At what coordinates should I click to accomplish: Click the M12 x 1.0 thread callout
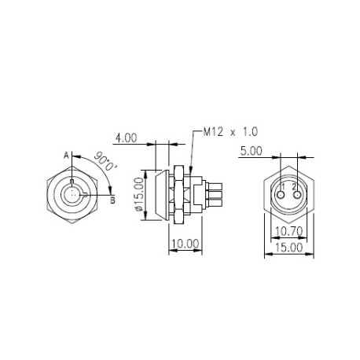[230, 131]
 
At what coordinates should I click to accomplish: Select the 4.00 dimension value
[127, 138]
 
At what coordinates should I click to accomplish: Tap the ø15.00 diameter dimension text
[139, 194]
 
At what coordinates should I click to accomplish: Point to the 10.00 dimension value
[186, 244]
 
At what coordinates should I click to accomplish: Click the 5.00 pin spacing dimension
[252, 151]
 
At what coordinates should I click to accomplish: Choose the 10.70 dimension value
[289, 231]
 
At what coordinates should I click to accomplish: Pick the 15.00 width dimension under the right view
[289, 248]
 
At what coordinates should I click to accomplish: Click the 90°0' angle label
[105, 161]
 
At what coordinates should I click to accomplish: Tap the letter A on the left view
[67, 155]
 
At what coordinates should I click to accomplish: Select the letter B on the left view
[112, 200]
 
